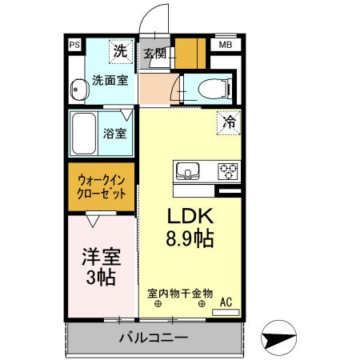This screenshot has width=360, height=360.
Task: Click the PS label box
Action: (x=74, y=46)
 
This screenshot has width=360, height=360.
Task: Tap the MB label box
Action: (x=225, y=46)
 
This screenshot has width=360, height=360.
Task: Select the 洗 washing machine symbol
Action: (x=119, y=52)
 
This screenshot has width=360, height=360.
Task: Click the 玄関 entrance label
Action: (x=155, y=54)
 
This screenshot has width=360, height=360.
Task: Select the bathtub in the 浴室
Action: (x=84, y=134)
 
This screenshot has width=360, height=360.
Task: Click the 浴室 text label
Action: (x=114, y=134)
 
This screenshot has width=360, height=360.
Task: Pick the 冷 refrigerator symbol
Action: (x=229, y=122)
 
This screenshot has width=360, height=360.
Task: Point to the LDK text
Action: (x=189, y=216)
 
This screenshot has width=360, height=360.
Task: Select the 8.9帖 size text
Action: (x=190, y=237)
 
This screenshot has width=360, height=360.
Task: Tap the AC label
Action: (x=226, y=302)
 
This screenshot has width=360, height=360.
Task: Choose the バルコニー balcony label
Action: (x=154, y=338)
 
